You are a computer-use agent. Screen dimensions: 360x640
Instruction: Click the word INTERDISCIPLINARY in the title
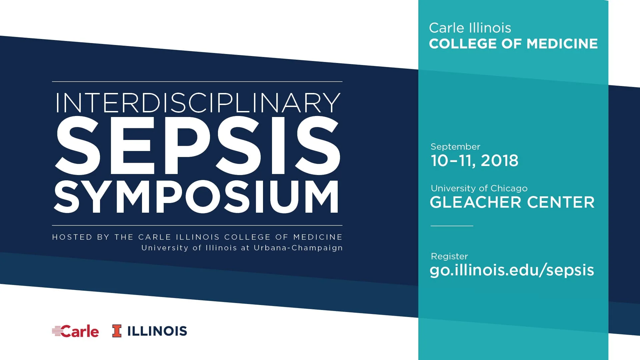tap(197, 103)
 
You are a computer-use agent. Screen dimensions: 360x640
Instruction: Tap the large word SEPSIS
tap(197, 146)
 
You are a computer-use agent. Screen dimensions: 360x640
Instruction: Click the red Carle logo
tap(76, 331)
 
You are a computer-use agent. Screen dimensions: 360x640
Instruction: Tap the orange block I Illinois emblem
tap(117, 331)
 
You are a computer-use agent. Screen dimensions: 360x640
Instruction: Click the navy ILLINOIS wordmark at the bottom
tap(157, 331)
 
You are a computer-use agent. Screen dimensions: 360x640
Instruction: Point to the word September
tap(455, 147)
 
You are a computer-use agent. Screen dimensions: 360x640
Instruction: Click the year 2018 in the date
tap(500, 161)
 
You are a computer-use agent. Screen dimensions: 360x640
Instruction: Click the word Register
tap(449, 256)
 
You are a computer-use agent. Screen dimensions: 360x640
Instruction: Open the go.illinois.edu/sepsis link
tap(512, 270)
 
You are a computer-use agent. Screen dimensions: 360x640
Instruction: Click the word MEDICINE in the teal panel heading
tap(562, 44)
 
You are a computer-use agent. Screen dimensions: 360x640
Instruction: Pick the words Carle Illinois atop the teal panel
tap(470, 28)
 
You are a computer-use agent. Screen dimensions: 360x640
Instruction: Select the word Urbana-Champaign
tap(298, 248)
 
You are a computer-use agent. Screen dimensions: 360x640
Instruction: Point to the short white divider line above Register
tap(452, 226)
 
